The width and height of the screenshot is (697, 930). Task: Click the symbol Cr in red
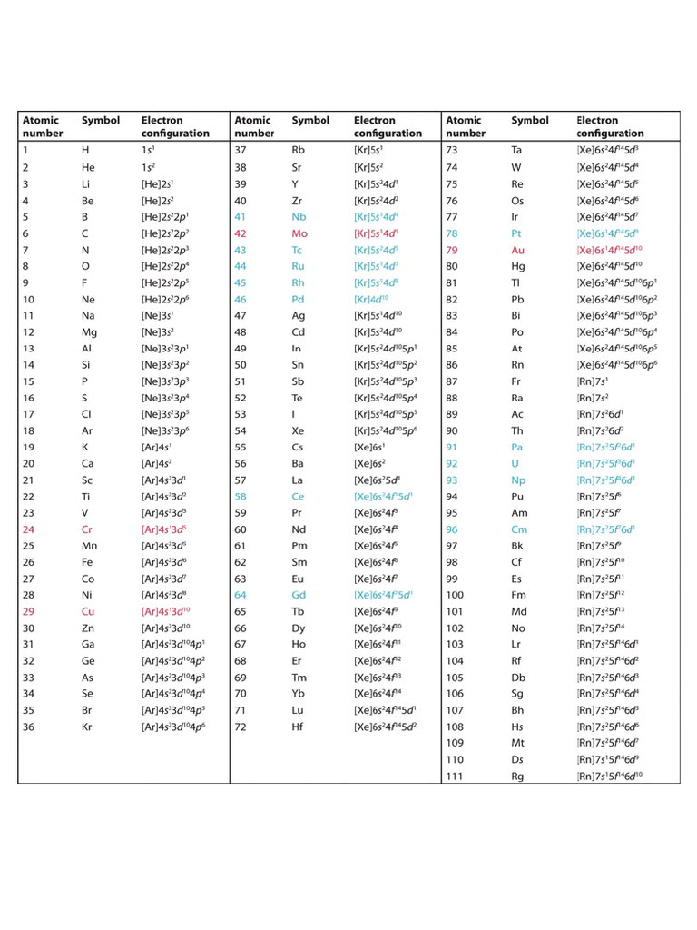(88, 529)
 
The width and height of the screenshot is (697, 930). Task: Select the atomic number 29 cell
(28, 611)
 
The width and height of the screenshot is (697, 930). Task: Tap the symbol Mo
(300, 233)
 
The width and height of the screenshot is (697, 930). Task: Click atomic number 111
(455, 776)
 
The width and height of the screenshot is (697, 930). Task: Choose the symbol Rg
(517, 776)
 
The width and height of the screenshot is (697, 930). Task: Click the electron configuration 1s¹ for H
(148, 151)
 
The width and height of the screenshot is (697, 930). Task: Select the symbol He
(88, 167)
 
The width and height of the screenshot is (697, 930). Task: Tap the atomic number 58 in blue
(241, 497)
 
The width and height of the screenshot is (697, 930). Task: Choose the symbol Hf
(299, 727)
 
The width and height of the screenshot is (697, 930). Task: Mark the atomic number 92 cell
(452, 463)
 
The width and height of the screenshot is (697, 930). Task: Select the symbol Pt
(516, 233)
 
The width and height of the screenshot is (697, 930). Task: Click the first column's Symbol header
(101, 120)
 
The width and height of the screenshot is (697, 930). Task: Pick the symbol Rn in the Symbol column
(517, 364)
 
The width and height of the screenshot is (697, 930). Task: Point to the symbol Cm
(518, 529)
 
